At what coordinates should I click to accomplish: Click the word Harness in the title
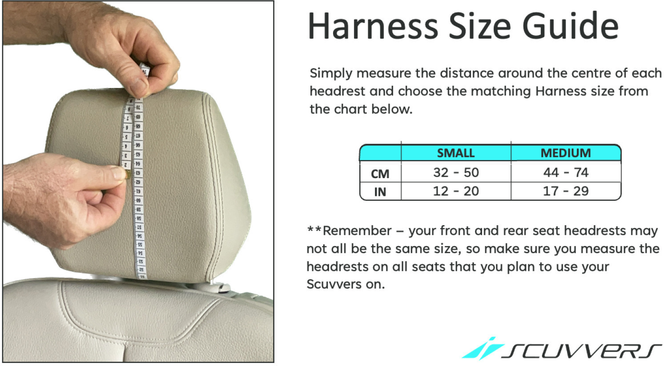click(373, 26)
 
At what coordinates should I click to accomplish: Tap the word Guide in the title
click(571, 26)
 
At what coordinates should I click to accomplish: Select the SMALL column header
click(456, 153)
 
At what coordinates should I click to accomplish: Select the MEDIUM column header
click(566, 153)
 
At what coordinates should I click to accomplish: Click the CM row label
click(380, 174)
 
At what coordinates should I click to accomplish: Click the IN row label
click(380, 192)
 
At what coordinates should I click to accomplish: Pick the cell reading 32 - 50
click(456, 173)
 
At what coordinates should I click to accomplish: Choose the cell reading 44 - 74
click(566, 173)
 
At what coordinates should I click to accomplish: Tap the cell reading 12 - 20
click(456, 191)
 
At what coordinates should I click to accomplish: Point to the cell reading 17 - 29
click(566, 191)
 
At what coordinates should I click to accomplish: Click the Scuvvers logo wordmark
click(582, 351)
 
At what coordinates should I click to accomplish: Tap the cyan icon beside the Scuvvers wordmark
click(483, 349)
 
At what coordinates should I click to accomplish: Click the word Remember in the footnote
click(357, 231)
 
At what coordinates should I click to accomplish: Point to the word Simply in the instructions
click(331, 74)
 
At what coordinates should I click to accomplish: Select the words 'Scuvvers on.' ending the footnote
click(346, 285)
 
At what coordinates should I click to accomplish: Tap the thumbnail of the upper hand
click(139, 86)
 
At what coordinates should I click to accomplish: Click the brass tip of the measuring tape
click(128, 175)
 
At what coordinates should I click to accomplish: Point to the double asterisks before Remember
click(314, 229)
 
